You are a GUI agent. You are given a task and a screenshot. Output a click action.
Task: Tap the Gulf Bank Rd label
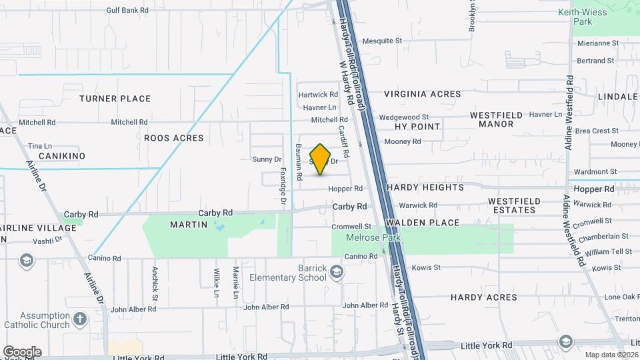[x=127, y=10]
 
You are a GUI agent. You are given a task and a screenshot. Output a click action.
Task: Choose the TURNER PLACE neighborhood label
[x=115, y=99]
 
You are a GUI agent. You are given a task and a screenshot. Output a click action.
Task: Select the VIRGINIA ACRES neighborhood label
[x=422, y=94]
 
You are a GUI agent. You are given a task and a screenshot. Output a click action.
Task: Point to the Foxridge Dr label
[x=283, y=186]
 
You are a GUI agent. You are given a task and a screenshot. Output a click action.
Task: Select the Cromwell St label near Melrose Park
[x=351, y=227]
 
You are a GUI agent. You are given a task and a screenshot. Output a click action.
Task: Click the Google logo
[x=22, y=351]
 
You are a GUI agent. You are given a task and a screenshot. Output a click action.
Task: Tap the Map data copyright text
[x=611, y=354]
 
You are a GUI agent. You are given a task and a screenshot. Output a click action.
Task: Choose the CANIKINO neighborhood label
[x=62, y=155]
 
